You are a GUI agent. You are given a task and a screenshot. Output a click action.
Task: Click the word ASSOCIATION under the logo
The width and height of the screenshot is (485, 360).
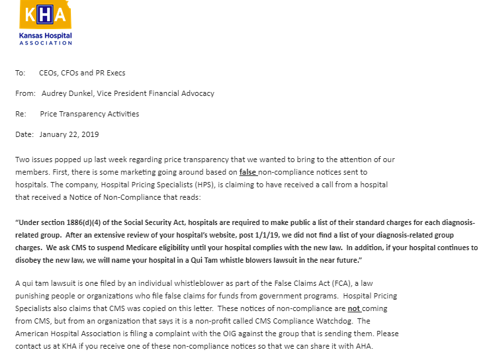tap(46, 43)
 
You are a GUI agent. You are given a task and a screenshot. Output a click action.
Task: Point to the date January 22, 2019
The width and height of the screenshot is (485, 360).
tap(69, 134)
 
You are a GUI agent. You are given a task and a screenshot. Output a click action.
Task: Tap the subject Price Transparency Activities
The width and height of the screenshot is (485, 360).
tap(89, 114)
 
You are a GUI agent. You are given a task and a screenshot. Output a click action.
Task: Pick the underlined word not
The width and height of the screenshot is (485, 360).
tap(355, 309)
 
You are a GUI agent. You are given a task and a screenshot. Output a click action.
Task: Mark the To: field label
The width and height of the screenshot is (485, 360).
tap(20, 73)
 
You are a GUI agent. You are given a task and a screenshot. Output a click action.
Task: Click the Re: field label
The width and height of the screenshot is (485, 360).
tap(21, 114)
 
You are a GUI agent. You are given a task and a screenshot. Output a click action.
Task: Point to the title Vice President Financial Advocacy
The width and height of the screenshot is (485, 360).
tap(157, 93)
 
